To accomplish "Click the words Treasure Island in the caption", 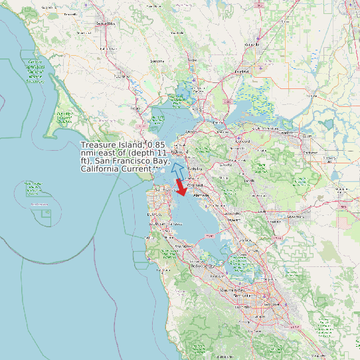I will [112, 145].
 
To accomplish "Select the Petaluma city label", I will [157, 61].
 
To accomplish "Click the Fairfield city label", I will [242, 71].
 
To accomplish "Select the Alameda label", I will [201, 196].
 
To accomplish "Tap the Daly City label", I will [154, 215].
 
